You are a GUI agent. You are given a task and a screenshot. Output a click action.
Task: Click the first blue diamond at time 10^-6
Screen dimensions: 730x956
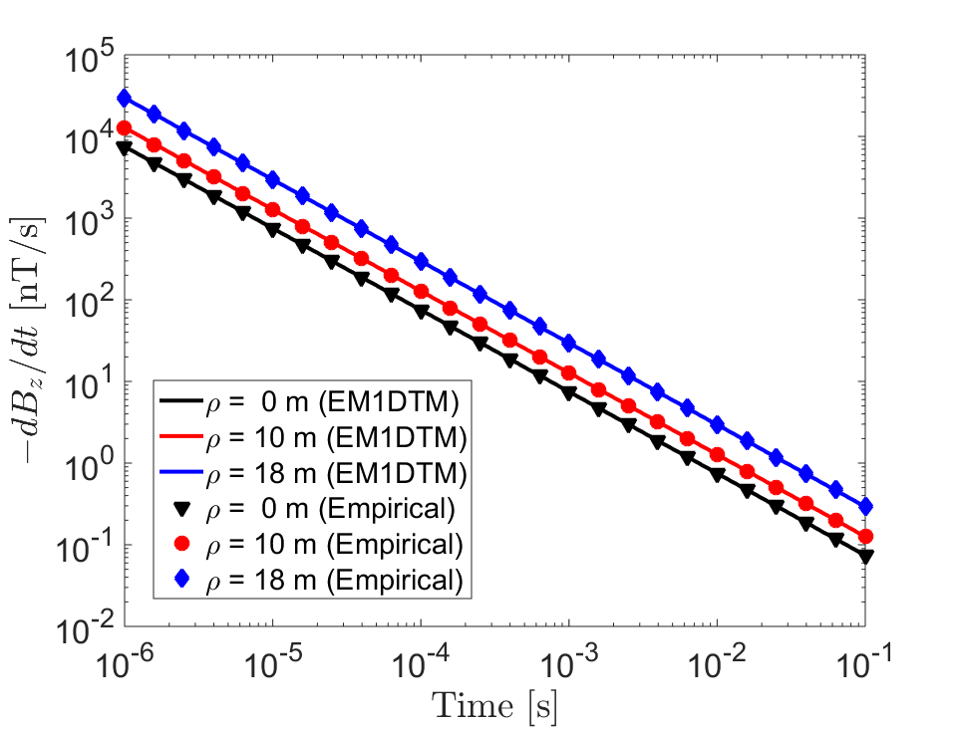(x=125, y=98)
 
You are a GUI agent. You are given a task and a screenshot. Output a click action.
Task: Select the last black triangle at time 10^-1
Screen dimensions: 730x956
(x=865, y=557)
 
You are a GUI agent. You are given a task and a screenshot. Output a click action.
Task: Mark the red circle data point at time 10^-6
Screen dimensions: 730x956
(x=125, y=127)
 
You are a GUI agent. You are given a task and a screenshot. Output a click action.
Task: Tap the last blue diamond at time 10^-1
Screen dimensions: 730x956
(x=865, y=506)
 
